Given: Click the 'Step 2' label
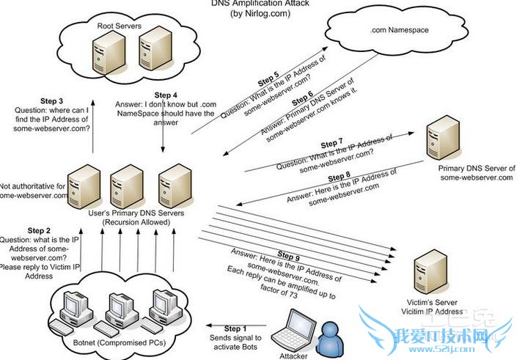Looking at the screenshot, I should pyautogui.click(x=39, y=230).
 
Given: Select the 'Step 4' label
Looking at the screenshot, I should pyautogui.click(x=166, y=95).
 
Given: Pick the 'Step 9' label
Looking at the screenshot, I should pyautogui.click(x=287, y=257).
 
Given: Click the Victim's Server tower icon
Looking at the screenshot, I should pyautogui.click(x=428, y=273).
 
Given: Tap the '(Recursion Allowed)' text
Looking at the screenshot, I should pyautogui.click(x=133, y=221).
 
